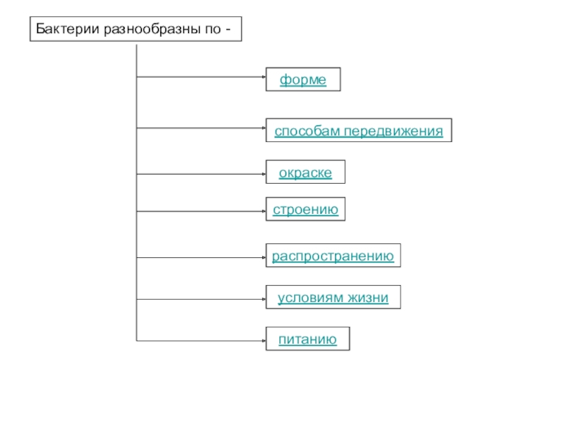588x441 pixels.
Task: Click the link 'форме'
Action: tap(303, 79)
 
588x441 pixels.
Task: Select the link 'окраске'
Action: tap(305, 173)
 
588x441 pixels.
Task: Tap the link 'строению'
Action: tap(305, 210)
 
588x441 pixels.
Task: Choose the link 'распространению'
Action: tap(333, 257)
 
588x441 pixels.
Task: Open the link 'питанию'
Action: tap(307, 339)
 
